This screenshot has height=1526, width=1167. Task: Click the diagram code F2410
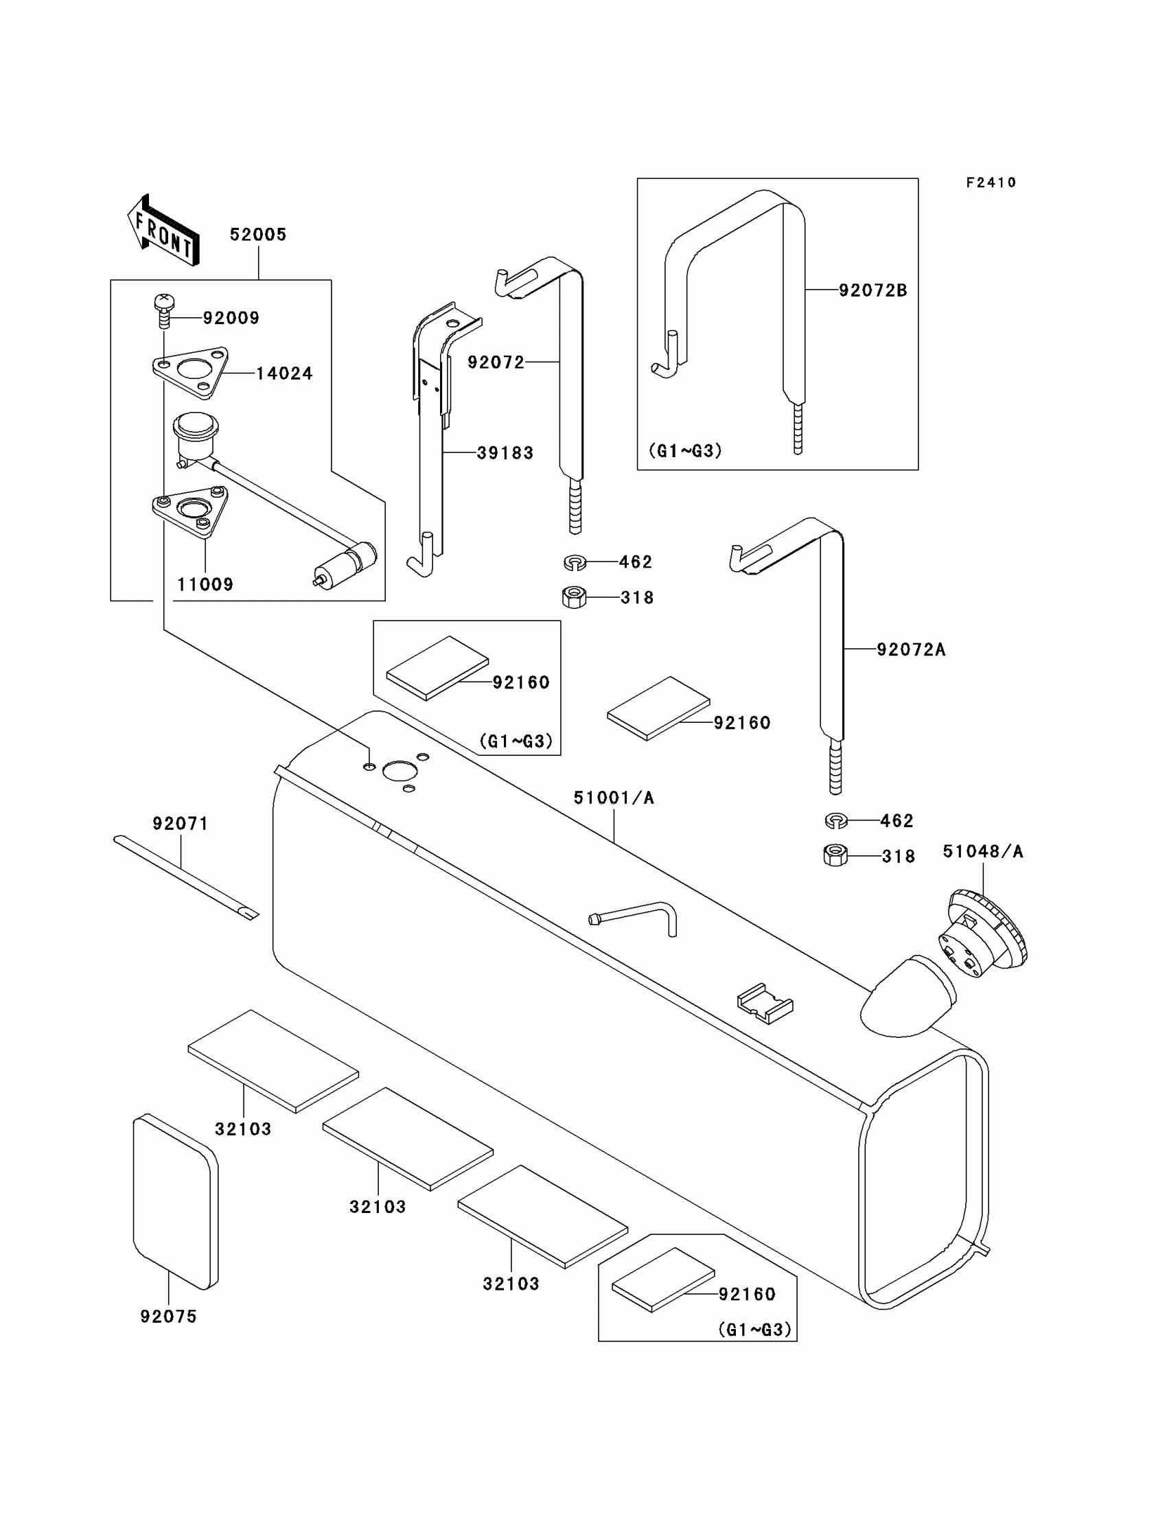tap(991, 183)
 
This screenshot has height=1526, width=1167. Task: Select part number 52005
tap(257, 235)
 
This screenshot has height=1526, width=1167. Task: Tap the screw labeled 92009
tap(164, 310)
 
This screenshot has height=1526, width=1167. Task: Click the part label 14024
tap(284, 373)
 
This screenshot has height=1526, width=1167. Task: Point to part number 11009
tap(205, 584)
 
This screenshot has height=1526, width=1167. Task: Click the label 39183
tap(505, 453)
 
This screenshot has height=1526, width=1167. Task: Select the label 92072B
tap(873, 290)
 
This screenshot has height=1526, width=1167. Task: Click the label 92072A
tap(911, 649)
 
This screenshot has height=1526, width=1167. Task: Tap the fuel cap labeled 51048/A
tap(986, 933)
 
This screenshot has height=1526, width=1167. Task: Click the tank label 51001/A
tap(614, 798)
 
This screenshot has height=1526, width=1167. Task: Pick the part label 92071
tap(181, 824)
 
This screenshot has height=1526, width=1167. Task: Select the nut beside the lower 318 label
tap(835, 855)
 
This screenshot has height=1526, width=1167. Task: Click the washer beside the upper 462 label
tap(575, 562)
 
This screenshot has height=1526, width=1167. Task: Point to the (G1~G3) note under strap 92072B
tap(685, 451)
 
